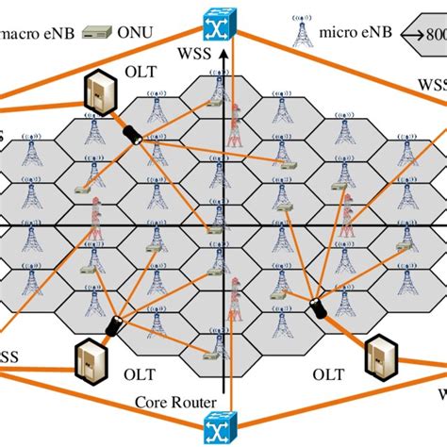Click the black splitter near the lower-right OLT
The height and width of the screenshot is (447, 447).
point(320,306)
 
